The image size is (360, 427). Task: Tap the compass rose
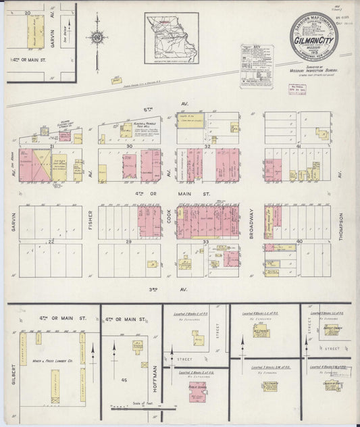97,38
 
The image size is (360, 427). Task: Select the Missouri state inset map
171,38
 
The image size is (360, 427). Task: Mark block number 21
51,145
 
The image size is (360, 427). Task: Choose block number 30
130,145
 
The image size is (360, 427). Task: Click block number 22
51,241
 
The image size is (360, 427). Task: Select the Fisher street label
91,220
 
